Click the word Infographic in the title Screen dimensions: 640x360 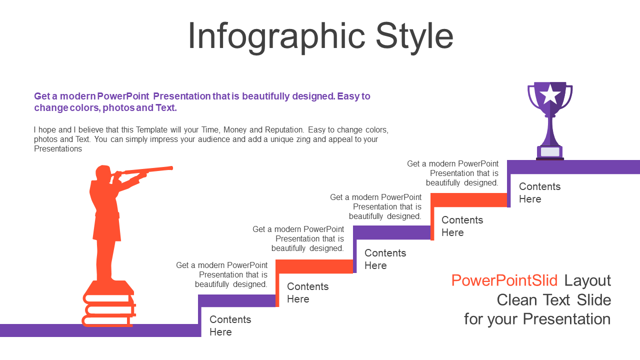click(x=276, y=37)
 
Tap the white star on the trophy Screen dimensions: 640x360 click(x=550, y=94)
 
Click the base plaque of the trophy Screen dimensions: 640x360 click(x=550, y=151)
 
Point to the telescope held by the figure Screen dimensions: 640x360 click(x=144, y=170)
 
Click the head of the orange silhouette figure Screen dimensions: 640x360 click(x=103, y=173)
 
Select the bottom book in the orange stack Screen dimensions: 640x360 click(x=107, y=320)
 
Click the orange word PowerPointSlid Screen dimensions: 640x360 click(x=504, y=280)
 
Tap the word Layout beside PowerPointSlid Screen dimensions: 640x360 click(x=587, y=281)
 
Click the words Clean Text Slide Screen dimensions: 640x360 click(x=553, y=300)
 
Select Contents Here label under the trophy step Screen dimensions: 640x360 click(x=539, y=193)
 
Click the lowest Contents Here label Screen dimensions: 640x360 click(x=230, y=325)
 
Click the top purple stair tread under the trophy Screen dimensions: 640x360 click(x=573, y=167)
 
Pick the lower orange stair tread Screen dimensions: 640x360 click(x=314, y=266)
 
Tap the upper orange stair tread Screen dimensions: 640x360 click(x=468, y=199)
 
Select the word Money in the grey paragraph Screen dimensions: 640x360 click(x=235, y=130)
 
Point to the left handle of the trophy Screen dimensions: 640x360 click(x=531, y=97)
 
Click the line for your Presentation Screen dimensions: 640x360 click(x=537, y=319)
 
